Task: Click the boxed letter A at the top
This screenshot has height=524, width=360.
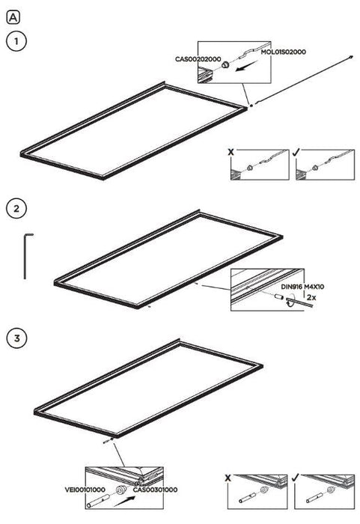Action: [13, 17]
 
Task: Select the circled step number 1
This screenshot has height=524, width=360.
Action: [16, 41]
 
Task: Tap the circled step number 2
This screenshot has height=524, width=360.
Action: [16, 209]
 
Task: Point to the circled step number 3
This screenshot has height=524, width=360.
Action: [16, 338]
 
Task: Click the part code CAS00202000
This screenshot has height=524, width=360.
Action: [198, 59]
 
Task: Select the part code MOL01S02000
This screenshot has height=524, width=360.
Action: [283, 52]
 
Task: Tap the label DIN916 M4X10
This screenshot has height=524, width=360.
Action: [302, 287]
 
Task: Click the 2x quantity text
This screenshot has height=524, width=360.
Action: [311, 297]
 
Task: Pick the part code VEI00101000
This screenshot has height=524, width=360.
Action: [85, 490]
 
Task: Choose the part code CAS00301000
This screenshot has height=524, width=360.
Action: [155, 490]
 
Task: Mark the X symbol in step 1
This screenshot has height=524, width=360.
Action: [231, 152]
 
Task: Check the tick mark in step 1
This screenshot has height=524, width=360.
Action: [296, 152]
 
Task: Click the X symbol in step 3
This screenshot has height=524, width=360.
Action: [228, 478]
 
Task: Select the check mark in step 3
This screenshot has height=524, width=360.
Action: [294, 478]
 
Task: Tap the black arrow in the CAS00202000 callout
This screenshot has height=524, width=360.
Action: [247, 66]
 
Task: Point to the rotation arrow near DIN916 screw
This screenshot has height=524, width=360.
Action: [290, 300]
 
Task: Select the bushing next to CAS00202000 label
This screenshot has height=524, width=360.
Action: [225, 64]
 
